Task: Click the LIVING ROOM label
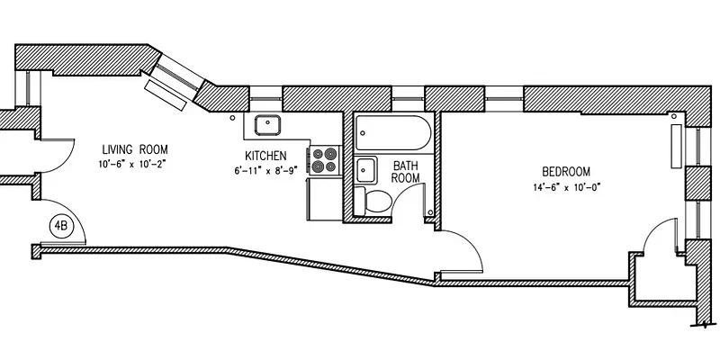pyautogui.click(x=134, y=149)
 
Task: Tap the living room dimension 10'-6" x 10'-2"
pyautogui.click(x=134, y=164)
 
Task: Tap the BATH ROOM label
pyautogui.click(x=406, y=171)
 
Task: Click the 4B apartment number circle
pyautogui.click(x=61, y=225)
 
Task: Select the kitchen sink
pyautogui.click(x=268, y=124)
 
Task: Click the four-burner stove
pyautogui.click(x=324, y=160)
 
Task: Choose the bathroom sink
pyautogui.click(x=366, y=168)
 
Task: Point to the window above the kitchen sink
pyautogui.click(x=266, y=94)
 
